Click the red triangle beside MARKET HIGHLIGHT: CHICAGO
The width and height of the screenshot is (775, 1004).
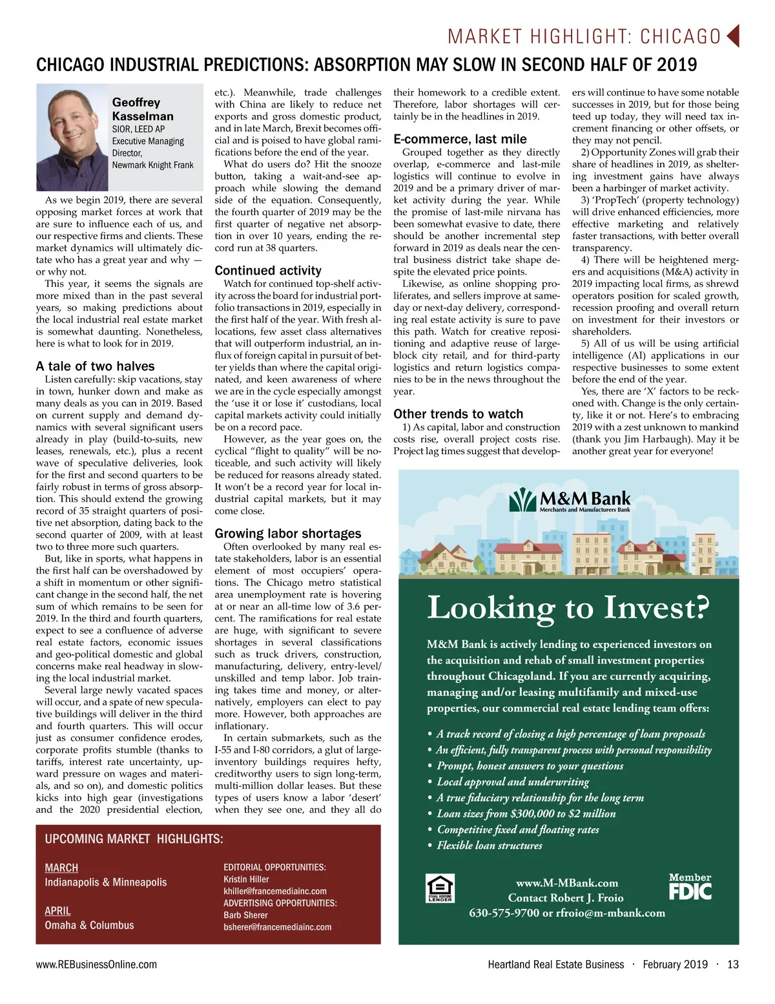(x=733, y=36)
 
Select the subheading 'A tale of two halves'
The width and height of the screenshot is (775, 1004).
(x=96, y=366)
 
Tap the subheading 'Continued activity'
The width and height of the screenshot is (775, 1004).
(x=268, y=271)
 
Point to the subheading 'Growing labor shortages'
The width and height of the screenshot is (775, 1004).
(x=288, y=534)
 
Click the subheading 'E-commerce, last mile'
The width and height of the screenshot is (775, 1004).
(x=460, y=139)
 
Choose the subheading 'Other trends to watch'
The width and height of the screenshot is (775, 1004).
(x=459, y=414)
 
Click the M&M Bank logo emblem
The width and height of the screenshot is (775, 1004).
(x=522, y=500)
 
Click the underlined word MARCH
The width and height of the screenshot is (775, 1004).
(x=61, y=868)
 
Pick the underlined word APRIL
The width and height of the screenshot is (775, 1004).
(x=57, y=911)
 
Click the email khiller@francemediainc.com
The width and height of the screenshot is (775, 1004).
(x=275, y=891)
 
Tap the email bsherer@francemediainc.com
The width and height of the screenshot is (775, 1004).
(x=278, y=927)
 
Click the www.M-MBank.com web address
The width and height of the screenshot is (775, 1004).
(x=567, y=883)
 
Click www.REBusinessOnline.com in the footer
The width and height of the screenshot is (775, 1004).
(x=96, y=965)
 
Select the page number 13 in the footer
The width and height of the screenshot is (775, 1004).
(x=732, y=965)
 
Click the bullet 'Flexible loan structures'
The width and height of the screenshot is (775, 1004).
(x=490, y=846)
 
